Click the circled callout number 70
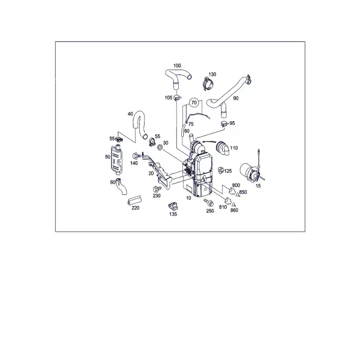click(194, 103)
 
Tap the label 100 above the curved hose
click(177, 65)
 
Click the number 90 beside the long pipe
click(236, 98)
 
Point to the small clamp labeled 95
click(224, 123)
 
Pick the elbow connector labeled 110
click(222, 147)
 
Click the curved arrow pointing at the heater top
click(209, 142)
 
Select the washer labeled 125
click(220, 170)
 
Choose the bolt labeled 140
click(136, 156)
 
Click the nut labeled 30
click(160, 147)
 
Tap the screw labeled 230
click(157, 189)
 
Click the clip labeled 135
click(173, 206)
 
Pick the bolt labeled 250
click(209, 202)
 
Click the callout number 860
click(234, 211)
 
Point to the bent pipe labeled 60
click(121, 187)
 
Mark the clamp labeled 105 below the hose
click(177, 97)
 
